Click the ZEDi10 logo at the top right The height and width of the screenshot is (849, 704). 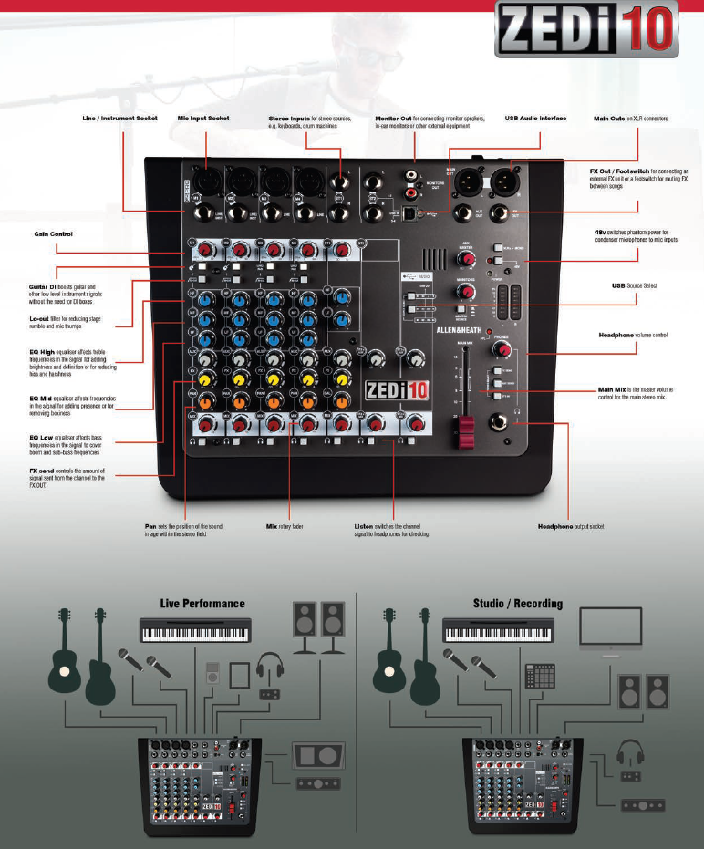click(586, 30)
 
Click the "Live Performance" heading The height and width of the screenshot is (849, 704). click(202, 603)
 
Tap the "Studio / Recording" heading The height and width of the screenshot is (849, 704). click(517, 603)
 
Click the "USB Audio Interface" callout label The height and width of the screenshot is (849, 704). click(535, 119)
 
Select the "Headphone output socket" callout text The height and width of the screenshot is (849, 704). click(571, 526)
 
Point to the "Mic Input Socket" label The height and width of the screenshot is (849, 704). click(203, 119)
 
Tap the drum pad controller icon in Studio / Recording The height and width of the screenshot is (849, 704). click(540, 676)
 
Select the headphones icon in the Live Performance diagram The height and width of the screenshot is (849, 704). click(271, 668)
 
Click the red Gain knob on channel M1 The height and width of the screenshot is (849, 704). click(207, 249)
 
